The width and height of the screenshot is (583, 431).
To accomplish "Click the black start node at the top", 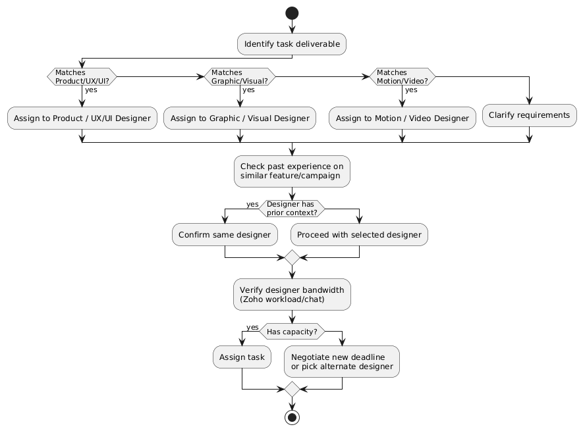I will (292, 14).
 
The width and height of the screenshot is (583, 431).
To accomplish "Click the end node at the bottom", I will (292, 417).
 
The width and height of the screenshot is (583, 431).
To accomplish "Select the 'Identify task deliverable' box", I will (292, 44).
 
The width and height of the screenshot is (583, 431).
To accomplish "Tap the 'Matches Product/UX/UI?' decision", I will (82, 76).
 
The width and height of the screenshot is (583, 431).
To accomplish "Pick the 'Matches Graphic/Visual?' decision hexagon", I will (240, 76).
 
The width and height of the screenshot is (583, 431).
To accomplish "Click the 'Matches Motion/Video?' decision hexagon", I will (402, 76).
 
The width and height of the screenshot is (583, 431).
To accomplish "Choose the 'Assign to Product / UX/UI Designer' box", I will (82, 118).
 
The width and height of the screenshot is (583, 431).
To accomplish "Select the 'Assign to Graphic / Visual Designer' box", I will (240, 118).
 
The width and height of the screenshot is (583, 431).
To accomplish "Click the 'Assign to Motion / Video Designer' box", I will (402, 118).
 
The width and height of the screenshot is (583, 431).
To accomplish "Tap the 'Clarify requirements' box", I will (530, 115).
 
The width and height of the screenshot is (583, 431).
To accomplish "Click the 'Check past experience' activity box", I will (292, 171).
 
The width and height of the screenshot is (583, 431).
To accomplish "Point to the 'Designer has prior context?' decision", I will (292, 209).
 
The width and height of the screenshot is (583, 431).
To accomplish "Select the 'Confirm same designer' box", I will (225, 235).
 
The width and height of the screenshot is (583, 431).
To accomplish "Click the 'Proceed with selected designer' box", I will (359, 235).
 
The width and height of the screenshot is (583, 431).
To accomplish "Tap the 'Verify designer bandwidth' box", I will (292, 294).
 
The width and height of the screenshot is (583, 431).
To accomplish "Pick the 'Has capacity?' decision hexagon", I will (292, 332).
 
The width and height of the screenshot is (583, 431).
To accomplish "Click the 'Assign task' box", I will (242, 357).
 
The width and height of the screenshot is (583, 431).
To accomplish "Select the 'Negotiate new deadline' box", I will (342, 361).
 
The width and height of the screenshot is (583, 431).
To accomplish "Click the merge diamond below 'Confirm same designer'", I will (292, 257).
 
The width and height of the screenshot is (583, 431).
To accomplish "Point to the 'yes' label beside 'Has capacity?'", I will (252, 327).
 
